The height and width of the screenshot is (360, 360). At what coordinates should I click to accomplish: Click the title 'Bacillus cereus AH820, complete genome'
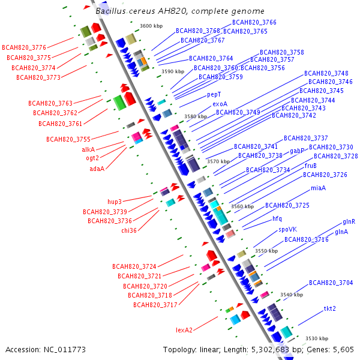(179, 11)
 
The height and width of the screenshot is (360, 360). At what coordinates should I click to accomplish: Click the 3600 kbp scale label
(151, 26)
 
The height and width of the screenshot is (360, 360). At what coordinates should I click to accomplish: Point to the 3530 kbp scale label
(317, 339)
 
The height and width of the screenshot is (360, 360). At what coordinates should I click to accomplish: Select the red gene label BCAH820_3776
(24, 47)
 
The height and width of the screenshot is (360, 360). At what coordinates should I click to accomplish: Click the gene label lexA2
(184, 330)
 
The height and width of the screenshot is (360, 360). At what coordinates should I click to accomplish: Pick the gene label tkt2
(330, 308)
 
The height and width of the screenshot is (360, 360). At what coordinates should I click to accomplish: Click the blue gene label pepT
(214, 95)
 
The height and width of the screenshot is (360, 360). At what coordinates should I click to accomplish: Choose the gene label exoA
(220, 104)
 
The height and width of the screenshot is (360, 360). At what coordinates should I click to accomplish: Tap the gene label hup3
(115, 202)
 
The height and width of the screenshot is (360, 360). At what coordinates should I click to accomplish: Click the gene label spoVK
(287, 229)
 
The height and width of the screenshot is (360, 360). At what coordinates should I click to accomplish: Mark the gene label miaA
(318, 188)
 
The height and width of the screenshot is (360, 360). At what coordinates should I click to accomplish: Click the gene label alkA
(88, 149)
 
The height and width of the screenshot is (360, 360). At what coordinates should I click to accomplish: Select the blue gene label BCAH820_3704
(331, 283)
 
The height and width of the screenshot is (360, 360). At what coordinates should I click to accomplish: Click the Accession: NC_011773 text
(45, 349)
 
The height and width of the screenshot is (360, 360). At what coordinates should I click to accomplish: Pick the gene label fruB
(311, 166)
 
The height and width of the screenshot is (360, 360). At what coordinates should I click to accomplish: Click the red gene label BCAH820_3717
(155, 305)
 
